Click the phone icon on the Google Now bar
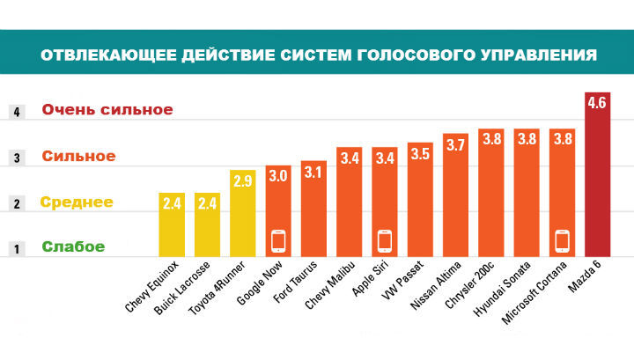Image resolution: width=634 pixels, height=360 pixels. [x=278, y=239]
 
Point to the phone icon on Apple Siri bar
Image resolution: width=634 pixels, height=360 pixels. [x=384, y=239]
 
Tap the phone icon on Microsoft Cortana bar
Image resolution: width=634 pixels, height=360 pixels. [x=562, y=239]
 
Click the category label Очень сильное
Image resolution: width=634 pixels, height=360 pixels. [x=107, y=110]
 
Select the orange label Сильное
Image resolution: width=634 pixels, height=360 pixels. [x=78, y=157]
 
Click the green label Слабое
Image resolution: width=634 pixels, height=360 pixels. [x=74, y=247]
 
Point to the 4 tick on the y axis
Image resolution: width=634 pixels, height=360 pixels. [x=15, y=112]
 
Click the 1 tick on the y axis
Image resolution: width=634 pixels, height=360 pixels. [x=15, y=249]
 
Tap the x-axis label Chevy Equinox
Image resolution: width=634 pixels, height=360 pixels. [x=153, y=286]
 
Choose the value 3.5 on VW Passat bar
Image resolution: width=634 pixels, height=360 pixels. [x=420, y=154]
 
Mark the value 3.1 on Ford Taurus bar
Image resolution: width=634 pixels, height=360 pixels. [x=313, y=173]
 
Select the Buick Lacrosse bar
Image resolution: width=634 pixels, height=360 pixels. [x=208, y=224]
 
